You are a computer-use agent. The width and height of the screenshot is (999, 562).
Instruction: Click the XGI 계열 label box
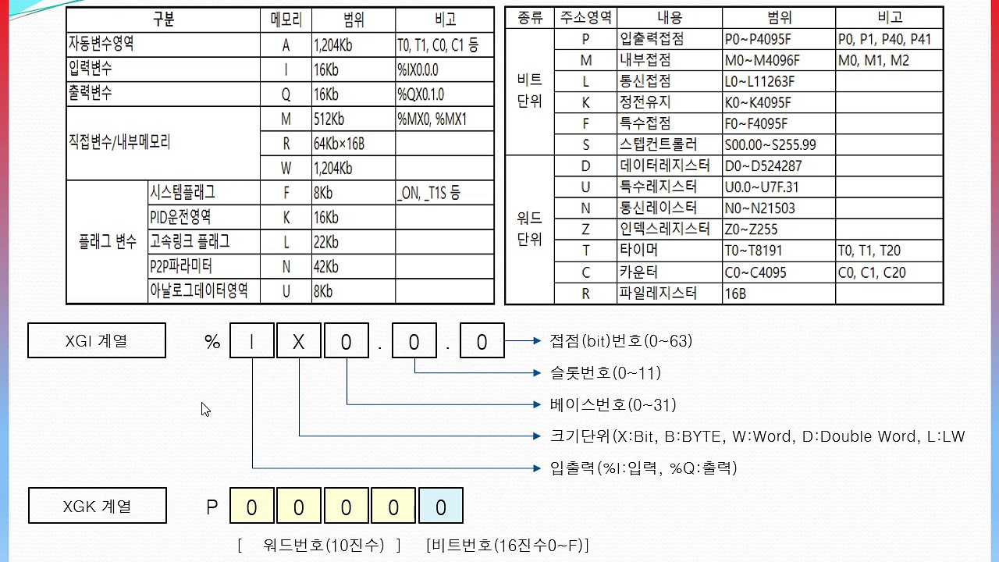97,341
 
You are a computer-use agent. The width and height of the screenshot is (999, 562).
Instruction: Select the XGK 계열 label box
98,505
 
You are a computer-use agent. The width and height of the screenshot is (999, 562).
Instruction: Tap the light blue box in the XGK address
441,506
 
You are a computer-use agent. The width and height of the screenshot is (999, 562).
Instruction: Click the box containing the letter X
298,341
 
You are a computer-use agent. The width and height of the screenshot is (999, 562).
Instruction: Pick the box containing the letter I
252,341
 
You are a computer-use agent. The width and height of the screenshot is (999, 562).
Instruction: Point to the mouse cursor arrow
205,409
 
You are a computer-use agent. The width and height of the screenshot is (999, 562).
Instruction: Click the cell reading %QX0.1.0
444,94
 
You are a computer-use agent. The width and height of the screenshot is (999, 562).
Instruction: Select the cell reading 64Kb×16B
354,144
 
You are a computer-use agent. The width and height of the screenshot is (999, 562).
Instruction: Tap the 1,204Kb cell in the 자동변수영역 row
354,44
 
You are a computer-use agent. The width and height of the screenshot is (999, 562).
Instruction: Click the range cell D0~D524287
778,166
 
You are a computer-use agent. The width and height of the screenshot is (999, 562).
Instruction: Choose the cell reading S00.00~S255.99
778,145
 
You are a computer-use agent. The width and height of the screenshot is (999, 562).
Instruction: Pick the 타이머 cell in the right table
669,251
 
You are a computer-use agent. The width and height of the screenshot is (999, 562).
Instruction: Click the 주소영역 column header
585,18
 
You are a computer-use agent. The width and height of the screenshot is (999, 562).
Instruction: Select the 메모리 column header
286,20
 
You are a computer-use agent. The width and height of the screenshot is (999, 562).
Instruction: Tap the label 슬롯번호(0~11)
605,373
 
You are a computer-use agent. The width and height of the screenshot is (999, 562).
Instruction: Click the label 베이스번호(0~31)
613,405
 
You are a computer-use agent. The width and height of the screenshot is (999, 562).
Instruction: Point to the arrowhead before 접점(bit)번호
537,341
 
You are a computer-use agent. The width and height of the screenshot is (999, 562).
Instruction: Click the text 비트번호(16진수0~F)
507,545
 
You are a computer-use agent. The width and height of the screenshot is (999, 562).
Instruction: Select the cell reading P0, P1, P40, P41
889,39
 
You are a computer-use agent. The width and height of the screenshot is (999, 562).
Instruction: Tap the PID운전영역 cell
204,217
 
